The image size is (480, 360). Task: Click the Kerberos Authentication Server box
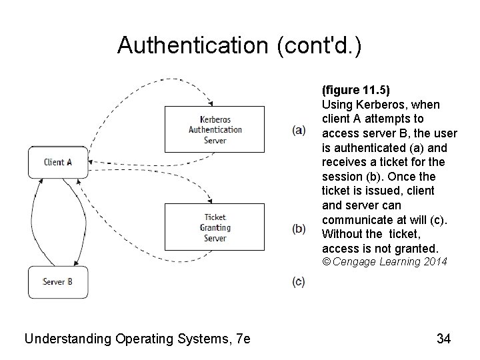tap(215, 129)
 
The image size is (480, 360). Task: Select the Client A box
tap(57, 162)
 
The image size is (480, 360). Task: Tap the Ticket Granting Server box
tap(215, 227)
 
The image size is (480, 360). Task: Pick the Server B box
tap(57, 281)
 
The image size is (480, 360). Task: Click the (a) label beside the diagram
tap(299, 129)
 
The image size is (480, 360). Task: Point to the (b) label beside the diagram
tap(299, 228)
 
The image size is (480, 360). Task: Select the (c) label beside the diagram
tap(299, 281)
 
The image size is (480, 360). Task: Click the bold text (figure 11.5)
tap(356, 90)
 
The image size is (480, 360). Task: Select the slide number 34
tap(444, 339)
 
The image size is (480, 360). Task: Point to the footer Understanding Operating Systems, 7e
tap(137, 339)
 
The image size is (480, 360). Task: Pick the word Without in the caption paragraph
tap(343, 233)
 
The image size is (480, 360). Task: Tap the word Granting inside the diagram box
tap(215, 227)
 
